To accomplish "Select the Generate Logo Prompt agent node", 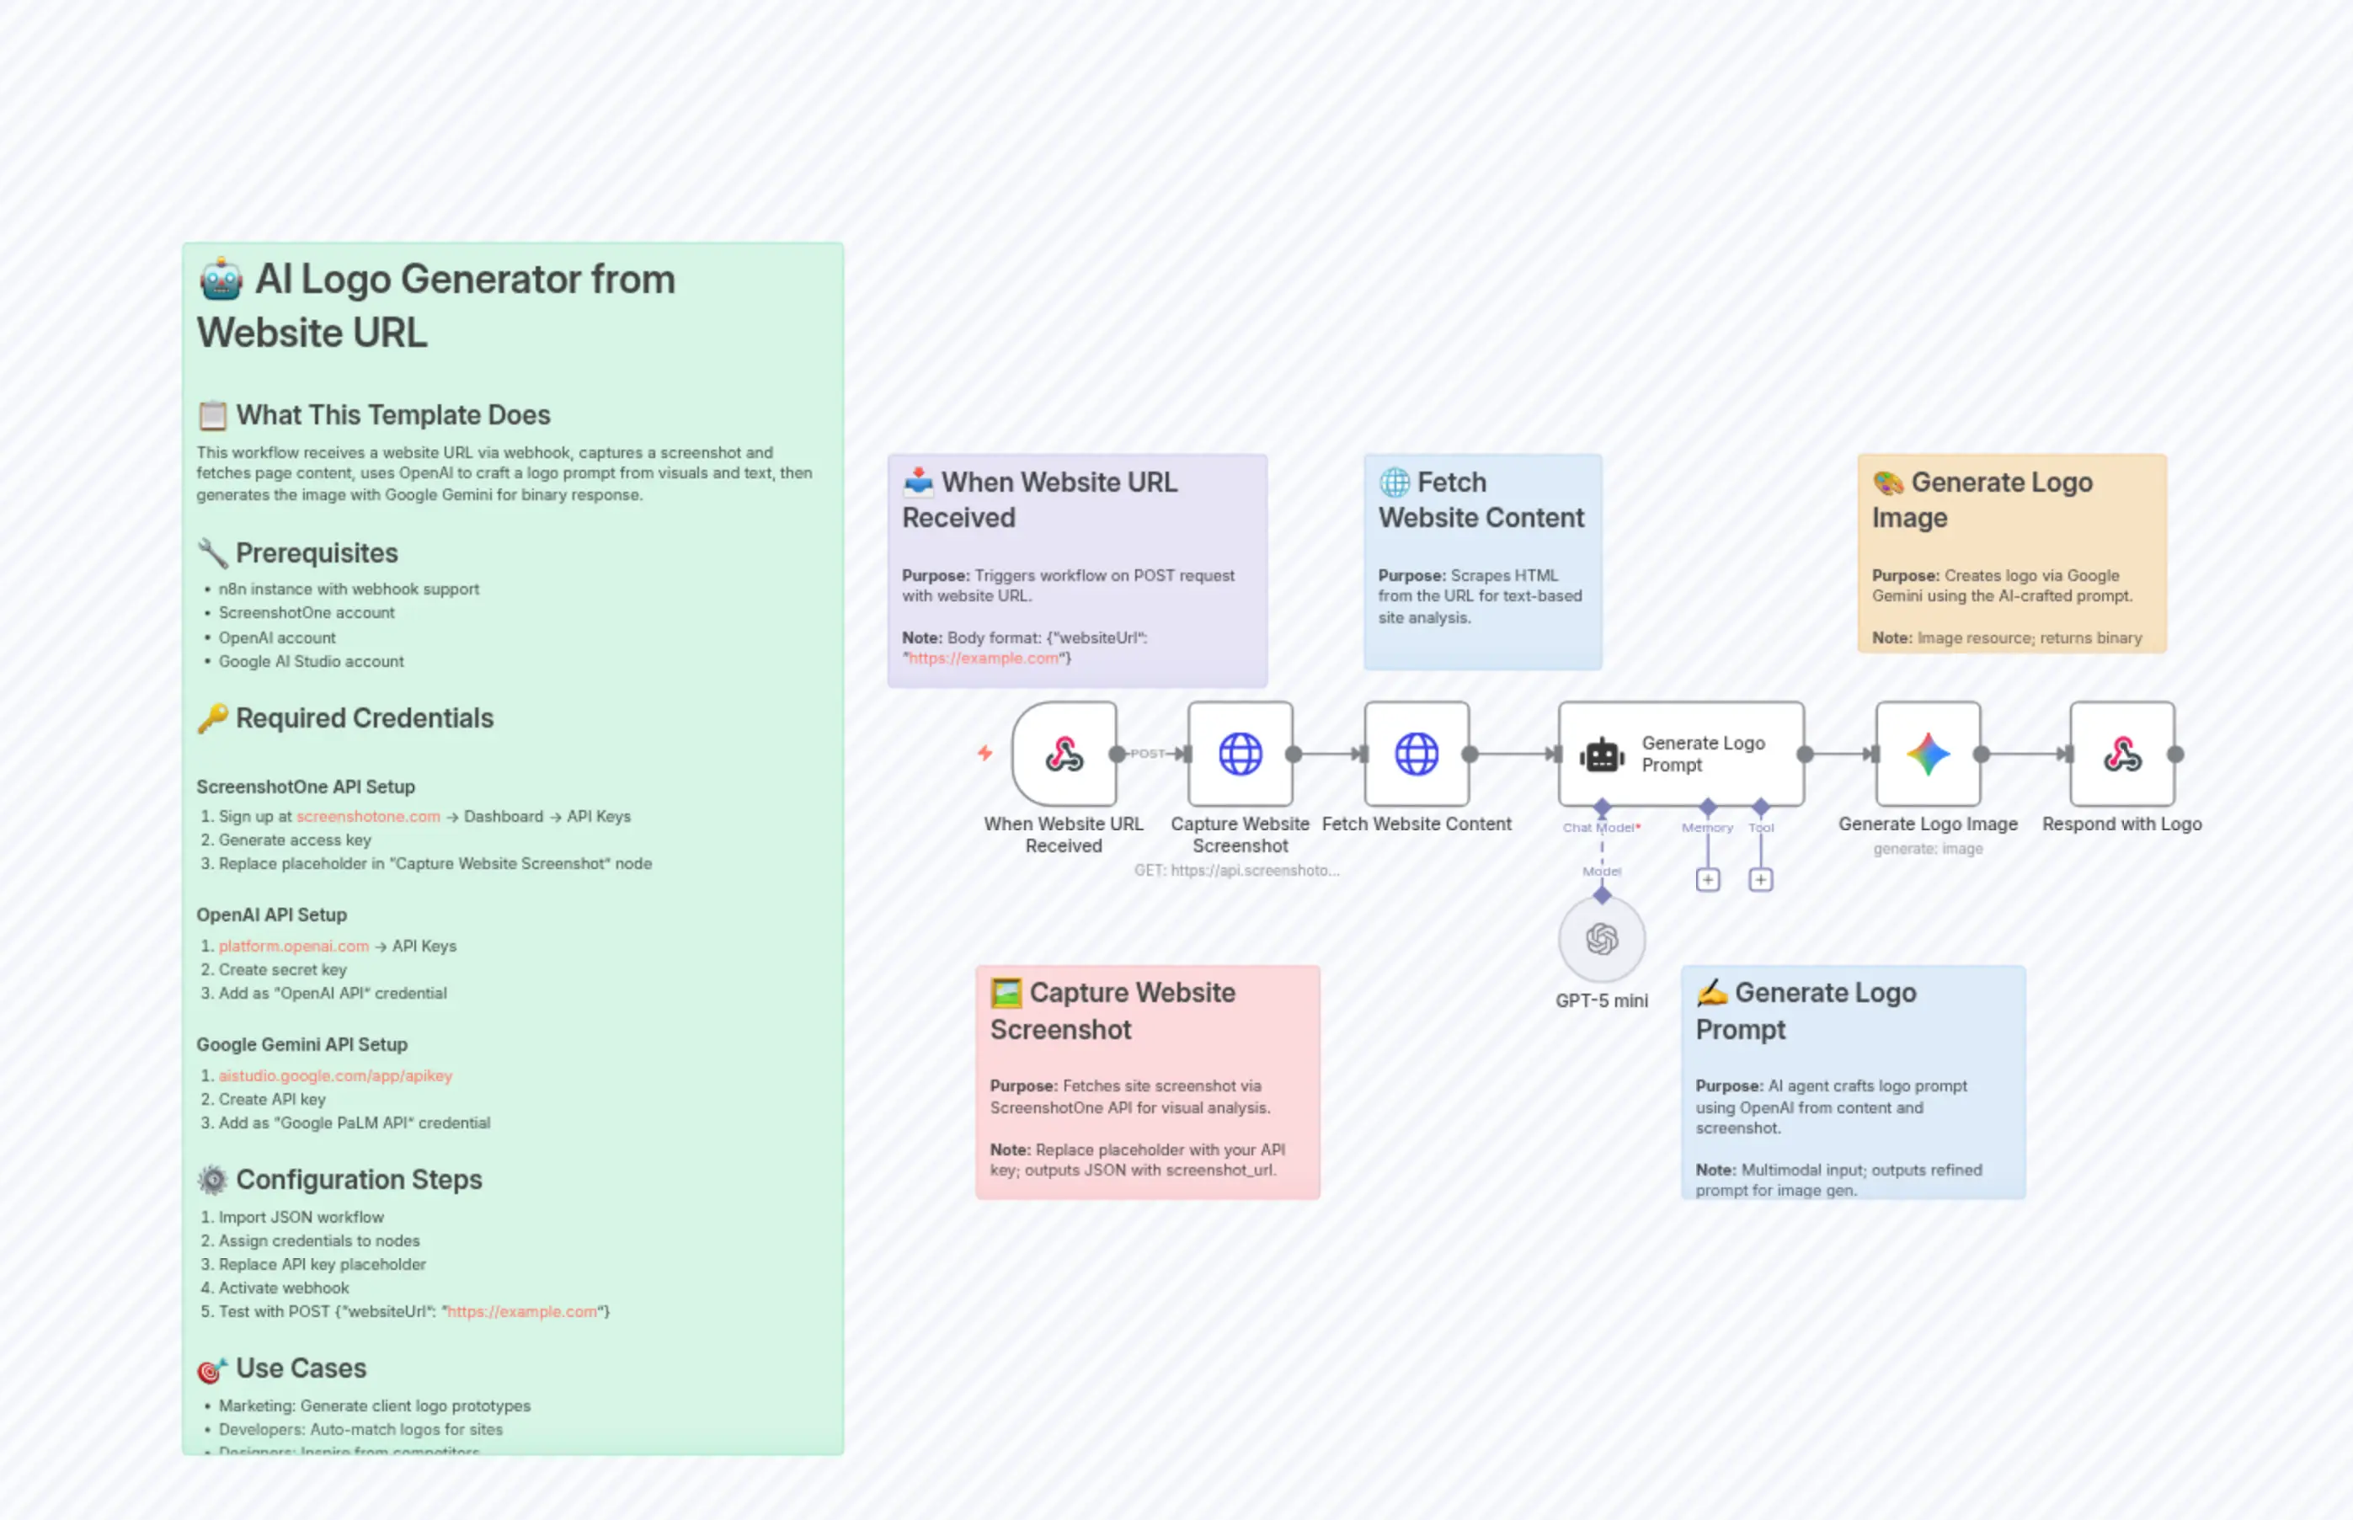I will point(1680,754).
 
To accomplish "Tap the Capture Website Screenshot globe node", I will point(1240,754).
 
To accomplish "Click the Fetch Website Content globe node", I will point(1416,754).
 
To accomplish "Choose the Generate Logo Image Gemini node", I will point(1927,754).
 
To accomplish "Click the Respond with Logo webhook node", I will point(2121,754).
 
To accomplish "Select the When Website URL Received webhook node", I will point(1064,754).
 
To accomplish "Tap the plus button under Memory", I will point(1708,879).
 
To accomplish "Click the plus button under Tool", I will point(1760,879).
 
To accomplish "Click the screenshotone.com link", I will point(368,816).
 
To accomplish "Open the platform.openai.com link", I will point(293,946).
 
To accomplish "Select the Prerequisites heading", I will point(316,552).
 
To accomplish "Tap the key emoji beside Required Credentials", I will point(212,718).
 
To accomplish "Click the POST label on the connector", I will point(1147,753).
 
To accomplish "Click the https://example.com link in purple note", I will point(983,659).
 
